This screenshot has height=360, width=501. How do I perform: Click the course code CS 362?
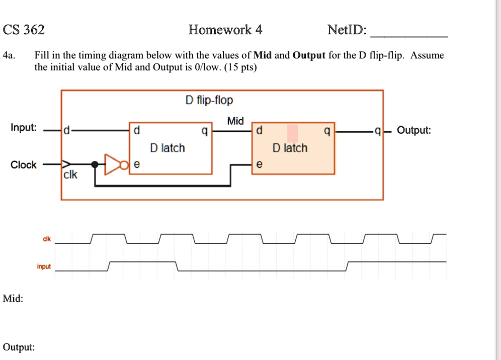pos(24,30)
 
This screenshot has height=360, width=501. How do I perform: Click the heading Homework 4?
pos(225,30)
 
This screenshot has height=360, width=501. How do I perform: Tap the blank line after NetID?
pos(408,35)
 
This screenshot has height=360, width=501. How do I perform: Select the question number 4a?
pos(9,55)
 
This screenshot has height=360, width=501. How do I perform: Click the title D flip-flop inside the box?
pos(209,101)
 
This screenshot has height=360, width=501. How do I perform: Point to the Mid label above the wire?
pos(235,121)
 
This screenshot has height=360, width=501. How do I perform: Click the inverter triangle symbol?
pos(111,164)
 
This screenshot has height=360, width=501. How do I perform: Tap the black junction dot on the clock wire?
pos(95,164)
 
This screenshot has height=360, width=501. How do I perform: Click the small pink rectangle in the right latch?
pos(293,133)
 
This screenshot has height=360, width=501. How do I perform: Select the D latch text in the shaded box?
pos(290,148)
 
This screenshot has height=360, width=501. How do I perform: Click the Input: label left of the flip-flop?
pos(24,128)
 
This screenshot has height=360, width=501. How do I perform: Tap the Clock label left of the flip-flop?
pos(24,165)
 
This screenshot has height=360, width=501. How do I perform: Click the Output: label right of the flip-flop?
pos(413,131)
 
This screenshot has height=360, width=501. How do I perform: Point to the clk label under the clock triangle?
pos(70,175)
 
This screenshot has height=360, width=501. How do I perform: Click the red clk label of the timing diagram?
pos(46,239)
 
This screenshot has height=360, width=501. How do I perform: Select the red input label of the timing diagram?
pos(44,266)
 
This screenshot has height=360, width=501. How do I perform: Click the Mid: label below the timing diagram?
pos(13,299)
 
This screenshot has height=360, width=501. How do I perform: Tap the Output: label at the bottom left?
pos(19,347)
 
